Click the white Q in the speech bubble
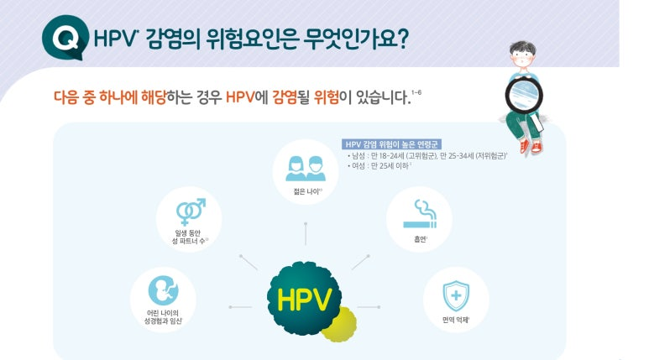(65, 38)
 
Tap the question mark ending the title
(401, 39)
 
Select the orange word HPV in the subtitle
(239, 97)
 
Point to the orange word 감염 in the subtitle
(285, 97)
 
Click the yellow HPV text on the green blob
(304, 300)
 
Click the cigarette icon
(420, 214)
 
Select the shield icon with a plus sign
(456, 295)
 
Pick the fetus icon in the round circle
(163, 290)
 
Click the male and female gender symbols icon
(191, 211)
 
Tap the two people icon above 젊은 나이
(306, 169)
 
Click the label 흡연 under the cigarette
(420, 239)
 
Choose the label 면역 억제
(455, 320)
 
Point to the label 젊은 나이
(306, 191)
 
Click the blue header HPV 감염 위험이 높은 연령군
(391, 144)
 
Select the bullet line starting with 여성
(379, 166)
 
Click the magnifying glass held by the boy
(524, 95)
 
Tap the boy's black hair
(523, 49)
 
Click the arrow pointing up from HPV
(306, 234)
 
